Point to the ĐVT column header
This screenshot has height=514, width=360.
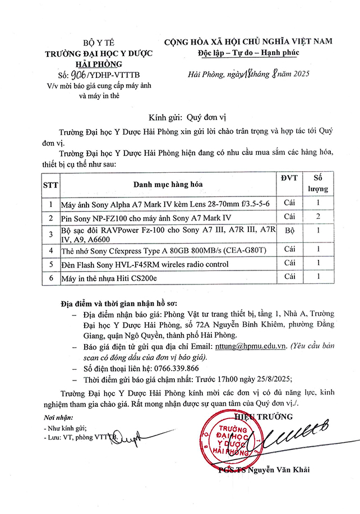click(289, 178)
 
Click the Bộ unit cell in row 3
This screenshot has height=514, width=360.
click(289, 231)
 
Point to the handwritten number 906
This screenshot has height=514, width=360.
click(76, 75)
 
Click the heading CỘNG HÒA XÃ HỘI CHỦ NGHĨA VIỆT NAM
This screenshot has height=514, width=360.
click(247, 42)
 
